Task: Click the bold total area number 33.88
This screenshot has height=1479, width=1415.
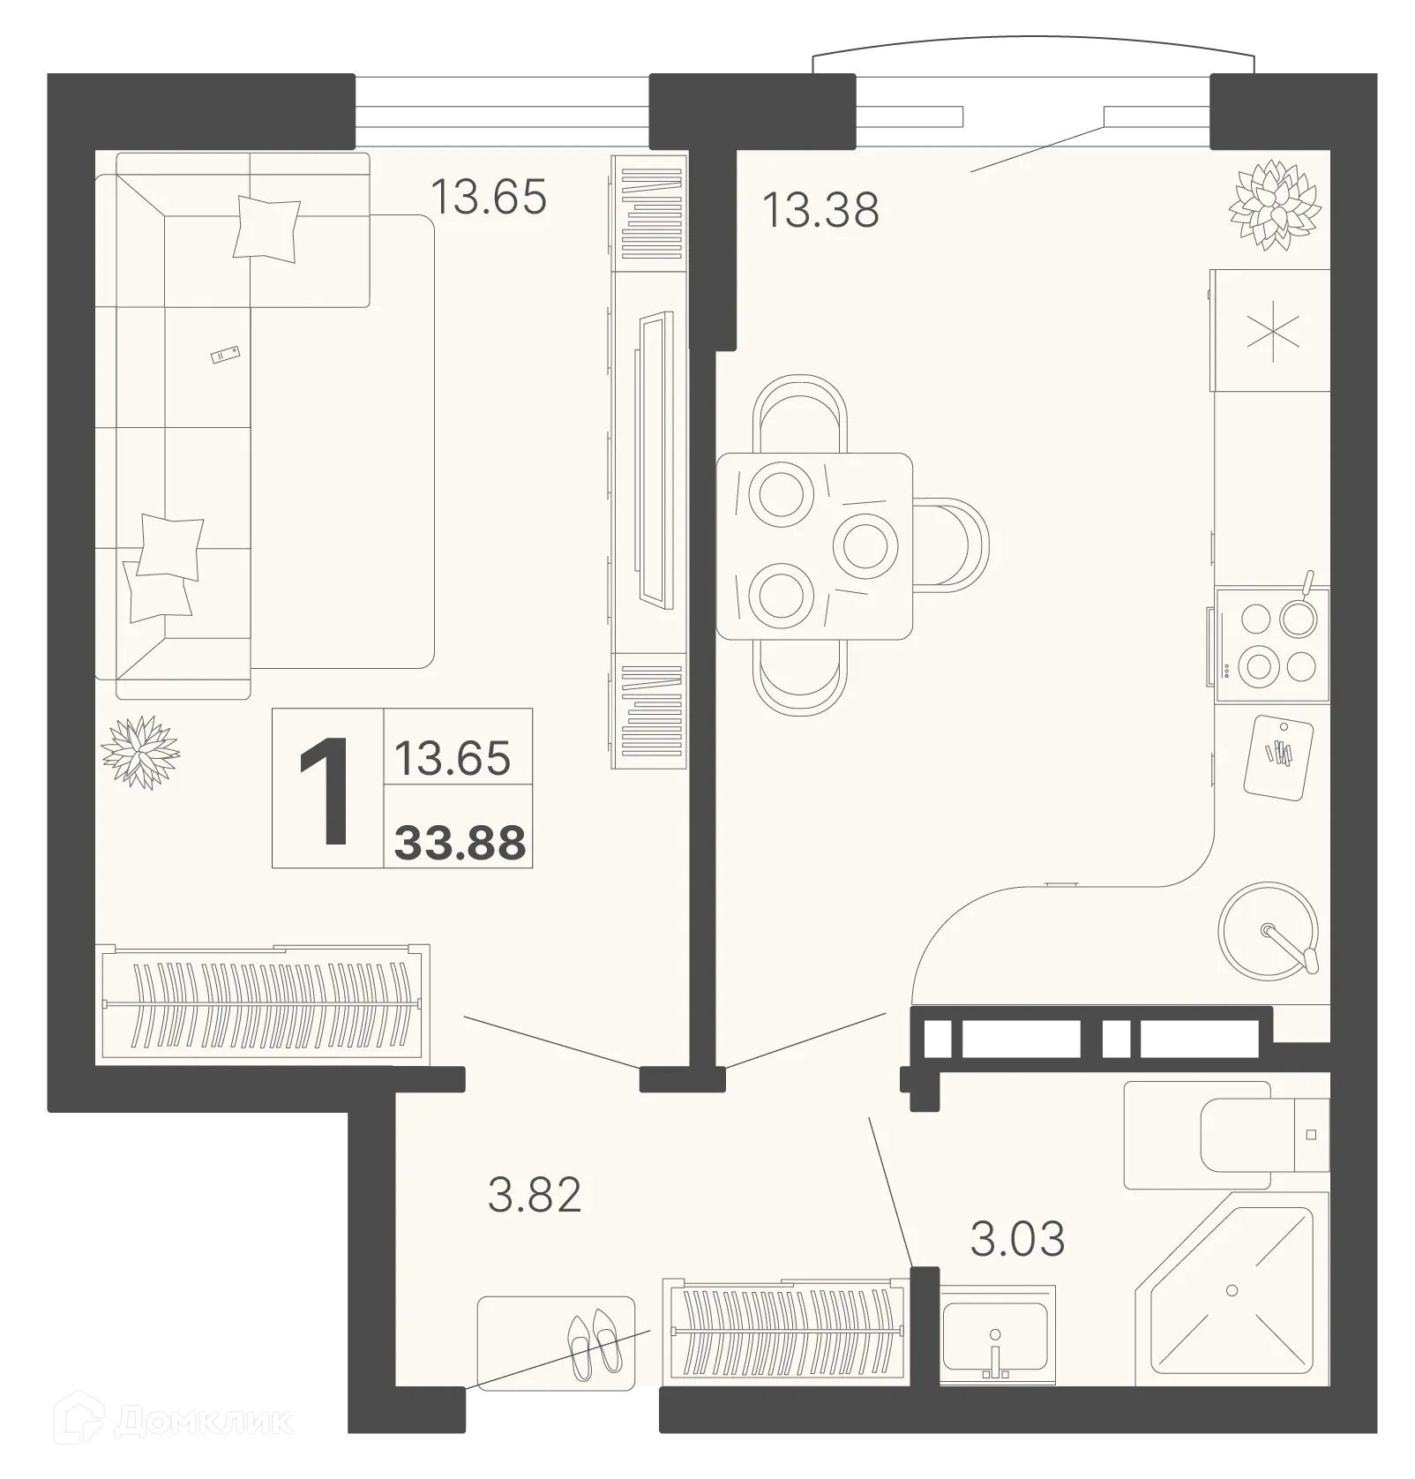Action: (x=460, y=842)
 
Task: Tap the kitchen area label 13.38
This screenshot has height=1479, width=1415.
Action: (x=820, y=210)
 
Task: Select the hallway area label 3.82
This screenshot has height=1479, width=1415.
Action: (x=535, y=1195)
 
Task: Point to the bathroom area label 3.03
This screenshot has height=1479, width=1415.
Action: (x=1017, y=1238)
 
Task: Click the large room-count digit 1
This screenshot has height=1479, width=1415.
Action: (x=327, y=789)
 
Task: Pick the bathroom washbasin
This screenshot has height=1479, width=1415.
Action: (x=996, y=1333)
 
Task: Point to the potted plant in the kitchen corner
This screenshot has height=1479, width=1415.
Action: (x=1275, y=203)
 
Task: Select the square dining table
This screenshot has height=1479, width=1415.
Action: (x=813, y=545)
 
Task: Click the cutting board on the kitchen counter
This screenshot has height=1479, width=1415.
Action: (x=1278, y=755)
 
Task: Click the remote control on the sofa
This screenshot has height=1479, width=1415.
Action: (x=225, y=355)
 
